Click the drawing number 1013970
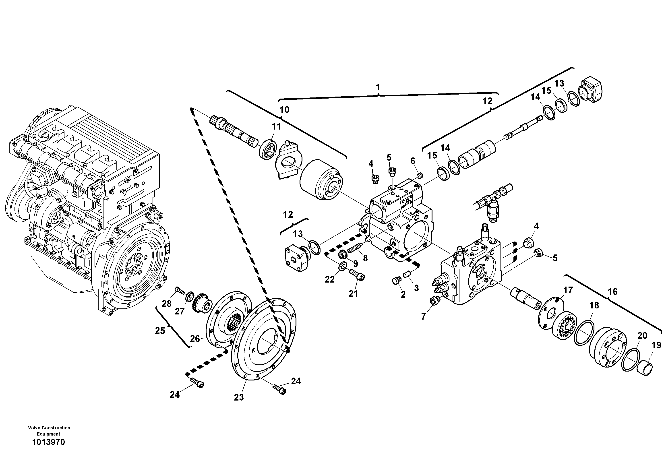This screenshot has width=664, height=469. tap(49, 442)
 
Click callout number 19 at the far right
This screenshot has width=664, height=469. tap(656, 345)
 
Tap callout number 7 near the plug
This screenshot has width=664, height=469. tap(423, 317)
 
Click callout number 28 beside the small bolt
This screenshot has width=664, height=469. tap(167, 304)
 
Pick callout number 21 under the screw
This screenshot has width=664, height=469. tap(353, 294)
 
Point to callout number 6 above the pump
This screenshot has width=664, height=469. tap(413, 161)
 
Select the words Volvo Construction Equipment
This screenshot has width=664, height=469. tap(49, 431)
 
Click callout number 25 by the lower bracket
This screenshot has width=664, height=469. tap(160, 331)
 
